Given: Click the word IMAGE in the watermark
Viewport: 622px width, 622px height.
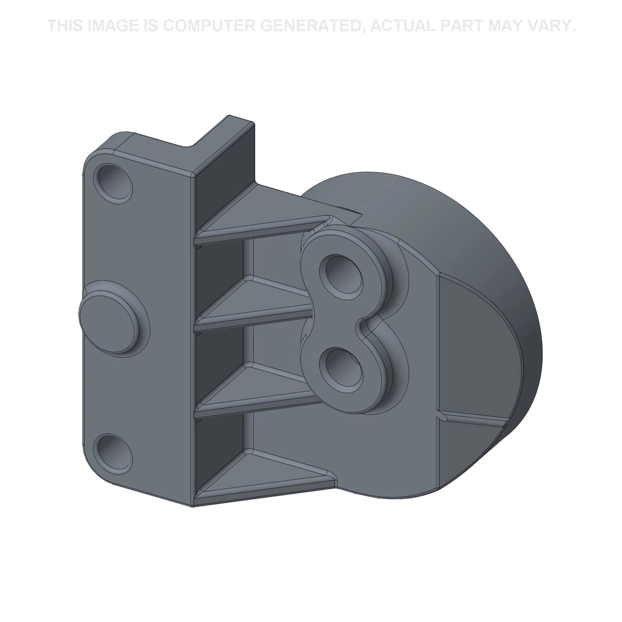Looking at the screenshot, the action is coord(112,26).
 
